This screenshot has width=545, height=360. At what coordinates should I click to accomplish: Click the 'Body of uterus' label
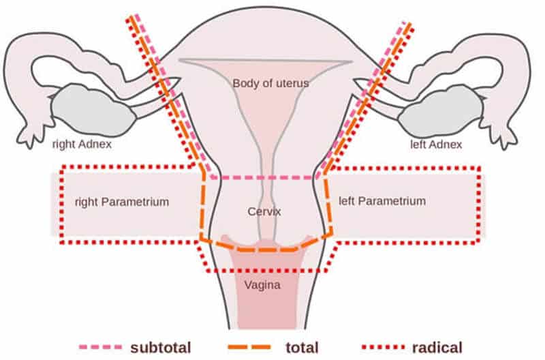coord(270,83)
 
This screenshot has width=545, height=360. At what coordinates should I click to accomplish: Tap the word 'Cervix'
coord(264,211)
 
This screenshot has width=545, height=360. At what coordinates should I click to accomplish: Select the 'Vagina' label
coord(262,285)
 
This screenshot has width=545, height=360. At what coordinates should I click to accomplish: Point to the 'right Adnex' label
coord(82,144)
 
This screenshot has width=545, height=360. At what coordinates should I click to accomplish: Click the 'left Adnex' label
coord(436,144)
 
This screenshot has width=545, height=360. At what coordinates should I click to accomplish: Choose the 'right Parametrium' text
coord(122,202)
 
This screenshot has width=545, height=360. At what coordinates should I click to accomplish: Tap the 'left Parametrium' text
coord(382,201)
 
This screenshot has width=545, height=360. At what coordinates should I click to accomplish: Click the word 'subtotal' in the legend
coord(161,348)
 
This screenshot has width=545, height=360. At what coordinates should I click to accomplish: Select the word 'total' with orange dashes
coord(302,348)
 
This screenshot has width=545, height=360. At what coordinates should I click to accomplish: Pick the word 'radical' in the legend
coord(437,348)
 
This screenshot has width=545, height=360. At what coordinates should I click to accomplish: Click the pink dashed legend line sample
coord(101,347)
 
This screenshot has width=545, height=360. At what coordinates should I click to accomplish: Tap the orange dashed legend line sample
coord(249,347)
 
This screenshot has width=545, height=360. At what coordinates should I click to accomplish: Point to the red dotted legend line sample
coord(384,347)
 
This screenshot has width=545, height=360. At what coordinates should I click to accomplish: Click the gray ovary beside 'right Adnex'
coord(93,110)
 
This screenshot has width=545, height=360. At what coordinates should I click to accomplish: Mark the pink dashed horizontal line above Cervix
coord(264,178)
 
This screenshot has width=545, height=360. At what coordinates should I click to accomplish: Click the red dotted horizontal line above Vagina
coord(267,270)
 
